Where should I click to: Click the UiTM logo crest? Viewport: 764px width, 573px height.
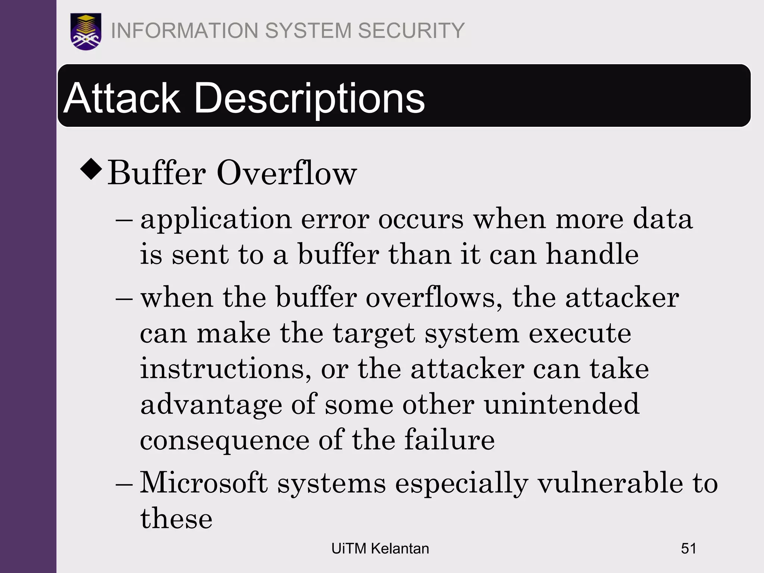coord(86,31)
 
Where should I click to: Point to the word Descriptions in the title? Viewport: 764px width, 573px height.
coord(309,98)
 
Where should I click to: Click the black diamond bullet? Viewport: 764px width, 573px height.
coord(91,169)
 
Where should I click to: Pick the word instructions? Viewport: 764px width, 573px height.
coord(225,369)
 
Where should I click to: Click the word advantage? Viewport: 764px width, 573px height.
coord(211,405)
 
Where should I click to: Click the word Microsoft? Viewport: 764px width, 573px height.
coord(204,483)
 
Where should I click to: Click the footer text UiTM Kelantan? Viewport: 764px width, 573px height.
coord(380,549)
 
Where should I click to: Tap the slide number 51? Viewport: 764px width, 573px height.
coord(688,549)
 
